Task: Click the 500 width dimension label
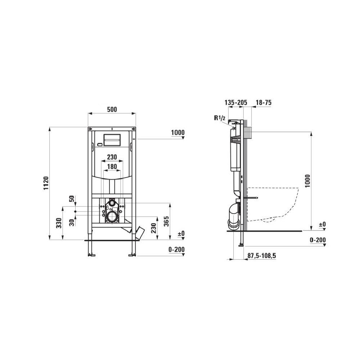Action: pos(112,109)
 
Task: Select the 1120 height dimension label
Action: pos(46,183)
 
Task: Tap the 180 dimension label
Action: pos(112,167)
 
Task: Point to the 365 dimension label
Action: pos(166,221)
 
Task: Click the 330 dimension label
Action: pos(59,223)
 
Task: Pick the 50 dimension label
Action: pos(72,199)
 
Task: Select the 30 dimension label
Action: pos(72,223)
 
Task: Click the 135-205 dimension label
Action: pos(236,102)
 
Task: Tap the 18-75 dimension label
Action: pos(264,102)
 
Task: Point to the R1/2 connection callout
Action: pos(220,118)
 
